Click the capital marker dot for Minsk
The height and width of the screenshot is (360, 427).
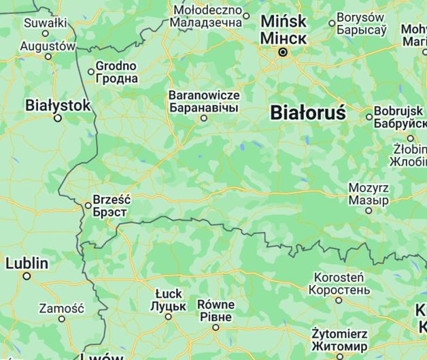pyautogui.click(x=284, y=52)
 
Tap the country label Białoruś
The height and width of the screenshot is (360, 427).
pyautogui.click(x=308, y=112)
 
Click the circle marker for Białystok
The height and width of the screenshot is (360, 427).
pyautogui.click(x=58, y=118)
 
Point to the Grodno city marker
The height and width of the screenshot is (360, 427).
pyautogui.click(x=91, y=71)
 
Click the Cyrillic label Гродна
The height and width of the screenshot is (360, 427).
pyautogui.click(x=116, y=78)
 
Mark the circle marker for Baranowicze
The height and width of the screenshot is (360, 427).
pyautogui.click(x=203, y=118)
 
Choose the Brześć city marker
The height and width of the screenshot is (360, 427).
pyautogui.click(x=88, y=205)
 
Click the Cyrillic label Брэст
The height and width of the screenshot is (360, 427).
pyautogui.click(x=109, y=212)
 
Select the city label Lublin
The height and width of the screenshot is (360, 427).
pyautogui.click(x=27, y=263)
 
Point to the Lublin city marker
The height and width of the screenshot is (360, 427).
pyautogui.click(x=27, y=276)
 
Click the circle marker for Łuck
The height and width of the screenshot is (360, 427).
pyautogui.click(x=168, y=316)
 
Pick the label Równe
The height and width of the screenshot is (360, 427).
pyautogui.click(x=216, y=304)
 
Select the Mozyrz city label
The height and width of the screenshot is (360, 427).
pyautogui.click(x=369, y=188)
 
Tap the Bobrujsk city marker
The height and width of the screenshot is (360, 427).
pyautogui.click(x=369, y=116)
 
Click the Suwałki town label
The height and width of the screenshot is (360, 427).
pyautogui.click(x=46, y=22)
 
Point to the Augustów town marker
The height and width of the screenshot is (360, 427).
pyautogui.click(x=48, y=56)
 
